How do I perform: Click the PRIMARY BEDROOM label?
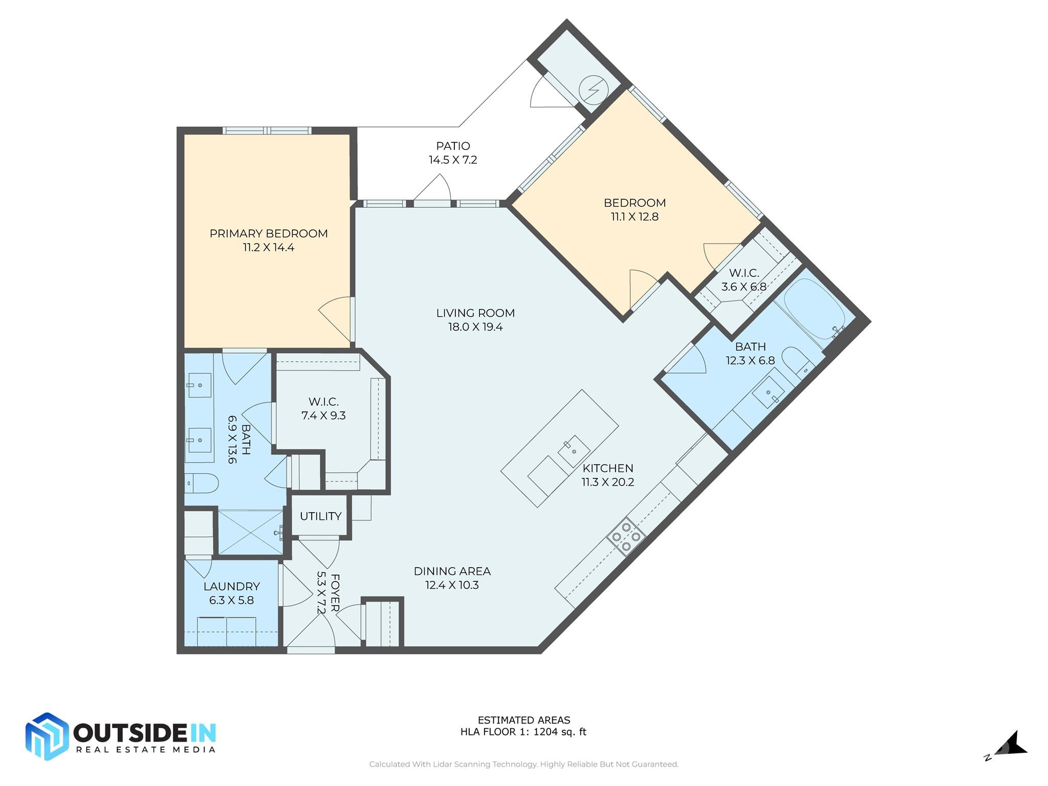[x=268, y=234]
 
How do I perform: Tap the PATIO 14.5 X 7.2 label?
[x=453, y=153]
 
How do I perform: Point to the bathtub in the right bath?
[x=814, y=310]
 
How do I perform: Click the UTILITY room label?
[x=320, y=516]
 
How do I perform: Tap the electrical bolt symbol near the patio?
[x=594, y=91]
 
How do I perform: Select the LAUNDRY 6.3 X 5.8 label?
[x=231, y=593]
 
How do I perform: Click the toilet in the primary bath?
[x=202, y=483]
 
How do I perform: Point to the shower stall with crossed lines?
[x=250, y=532]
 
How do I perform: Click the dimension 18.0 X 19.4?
[x=475, y=327]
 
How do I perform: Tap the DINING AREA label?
[x=452, y=571]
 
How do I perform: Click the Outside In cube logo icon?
[x=47, y=736]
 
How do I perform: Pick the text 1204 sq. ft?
[x=560, y=732]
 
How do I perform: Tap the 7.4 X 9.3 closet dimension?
[x=323, y=416]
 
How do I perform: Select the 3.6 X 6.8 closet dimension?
[x=744, y=287]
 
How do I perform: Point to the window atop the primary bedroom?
[x=267, y=131]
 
